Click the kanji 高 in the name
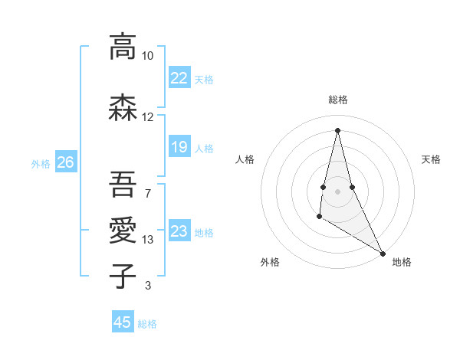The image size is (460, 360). pyautogui.click(x=123, y=47)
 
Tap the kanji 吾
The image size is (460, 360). pyautogui.click(x=123, y=184)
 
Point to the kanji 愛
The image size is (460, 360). pyautogui.click(x=123, y=231)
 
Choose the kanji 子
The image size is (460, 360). pyautogui.click(x=123, y=276)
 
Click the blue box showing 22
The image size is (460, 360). pyautogui.click(x=179, y=78)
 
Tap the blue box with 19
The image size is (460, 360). pyautogui.click(x=179, y=147)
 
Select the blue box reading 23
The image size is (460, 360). pyautogui.click(x=179, y=231)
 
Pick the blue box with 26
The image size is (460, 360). pyautogui.click(x=65, y=162)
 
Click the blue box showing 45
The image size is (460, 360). pyautogui.click(x=123, y=322)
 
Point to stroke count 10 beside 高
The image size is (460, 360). pyautogui.click(x=148, y=56)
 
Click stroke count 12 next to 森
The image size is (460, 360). pyautogui.click(x=148, y=117)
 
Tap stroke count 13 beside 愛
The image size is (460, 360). pyautogui.click(x=148, y=240)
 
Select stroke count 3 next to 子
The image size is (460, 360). pyautogui.click(x=148, y=286)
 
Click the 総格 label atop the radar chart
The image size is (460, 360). pyautogui.click(x=338, y=100)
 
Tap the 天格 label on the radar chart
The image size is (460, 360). pyautogui.click(x=431, y=159)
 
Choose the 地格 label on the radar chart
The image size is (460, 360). pyautogui.click(x=402, y=262)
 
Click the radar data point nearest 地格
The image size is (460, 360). pyautogui.click(x=383, y=253)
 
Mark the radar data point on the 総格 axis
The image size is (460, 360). pyautogui.click(x=337, y=129)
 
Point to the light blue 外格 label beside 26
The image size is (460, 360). pyautogui.click(x=41, y=163)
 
